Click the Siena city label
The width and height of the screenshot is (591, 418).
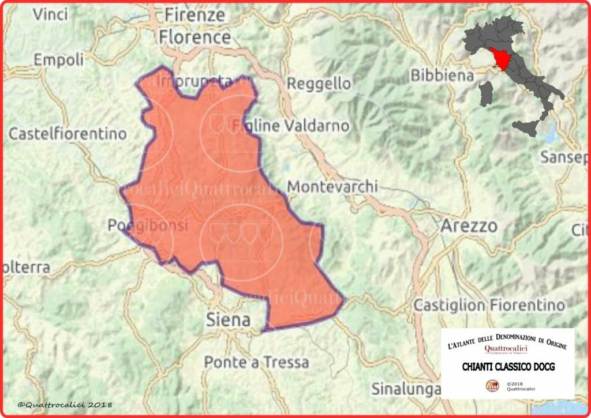[x=229, y=320]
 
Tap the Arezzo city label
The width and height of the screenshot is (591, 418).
[x=469, y=226]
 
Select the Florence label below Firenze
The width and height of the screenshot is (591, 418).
[x=194, y=37]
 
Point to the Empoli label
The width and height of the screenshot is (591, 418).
[x=58, y=59]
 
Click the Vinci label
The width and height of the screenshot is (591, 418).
[x=50, y=14]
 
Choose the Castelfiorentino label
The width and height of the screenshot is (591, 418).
[x=68, y=134]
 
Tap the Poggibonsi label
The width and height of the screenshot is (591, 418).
[x=148, y=225]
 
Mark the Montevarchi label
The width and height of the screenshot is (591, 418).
[x=332, y=187]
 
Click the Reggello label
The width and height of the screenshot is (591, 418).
[x=319, y=84]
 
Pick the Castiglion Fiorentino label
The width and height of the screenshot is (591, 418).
[x=489, y=305]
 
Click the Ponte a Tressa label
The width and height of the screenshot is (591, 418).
[x=256, y=362]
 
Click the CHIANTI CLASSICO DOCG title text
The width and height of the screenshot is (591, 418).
[x=508, y=367]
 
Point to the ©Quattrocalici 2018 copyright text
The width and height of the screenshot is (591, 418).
[x=65, y=405]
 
